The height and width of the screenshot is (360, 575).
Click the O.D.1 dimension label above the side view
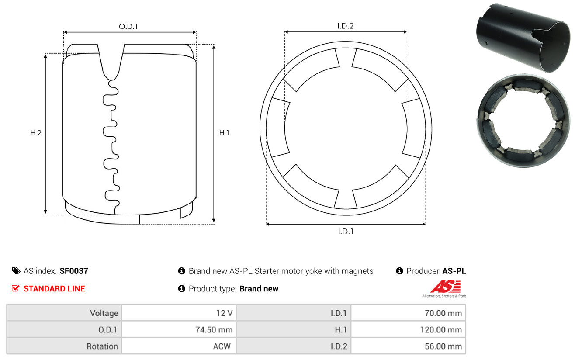point(128,26)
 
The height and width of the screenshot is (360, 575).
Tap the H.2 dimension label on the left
point(36,133)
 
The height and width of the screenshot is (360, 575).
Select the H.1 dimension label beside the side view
point(224,133)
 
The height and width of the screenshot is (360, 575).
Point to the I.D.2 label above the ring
point(345,26)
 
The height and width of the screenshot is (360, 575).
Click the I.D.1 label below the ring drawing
point(345,232)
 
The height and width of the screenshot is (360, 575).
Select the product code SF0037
point(74,271)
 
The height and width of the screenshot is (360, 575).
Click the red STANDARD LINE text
point(54,289)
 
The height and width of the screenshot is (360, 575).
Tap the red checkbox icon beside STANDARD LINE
point(16,288)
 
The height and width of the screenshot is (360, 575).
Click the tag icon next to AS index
point(16,271)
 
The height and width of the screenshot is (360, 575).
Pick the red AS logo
point(445,287)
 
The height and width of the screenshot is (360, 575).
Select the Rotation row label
point(102,346)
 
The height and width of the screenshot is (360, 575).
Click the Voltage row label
point(104,313)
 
